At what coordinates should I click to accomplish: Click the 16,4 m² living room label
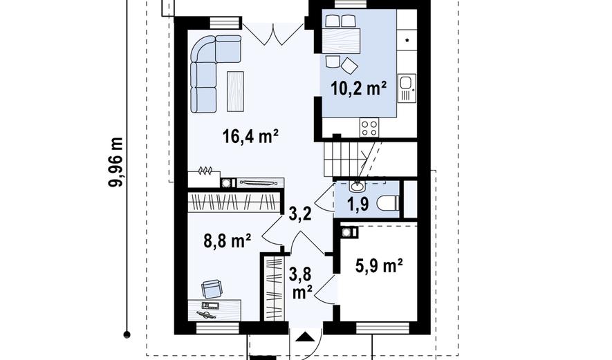pyautogui.click(x=250, y=137)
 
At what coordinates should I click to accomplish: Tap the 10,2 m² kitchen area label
pyautogui.click(x=359, y=88)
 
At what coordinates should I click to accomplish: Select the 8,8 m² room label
pyautogui.click(x=227, y=240)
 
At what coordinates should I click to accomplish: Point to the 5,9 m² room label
pyautogui.click(x=379, y=267)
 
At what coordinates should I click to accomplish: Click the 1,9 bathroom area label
pyautogui.click(x=358, y=204)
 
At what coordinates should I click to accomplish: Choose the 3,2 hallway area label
pyautogui.click(x=300, y=214)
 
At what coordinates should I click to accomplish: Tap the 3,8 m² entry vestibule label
pyautogui.click(x=300, y=282)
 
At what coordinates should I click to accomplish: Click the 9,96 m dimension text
pyautogui.click(x=116, y=162)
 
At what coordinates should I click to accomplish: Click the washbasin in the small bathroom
pyautogui.click(x=356, y=186)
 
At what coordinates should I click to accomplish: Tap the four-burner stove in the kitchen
pyautogui.click(x=369, y=128)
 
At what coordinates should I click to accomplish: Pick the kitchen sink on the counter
pyautogui.click(x=407, y=88)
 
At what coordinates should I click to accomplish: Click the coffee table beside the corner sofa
pyautogui.click(x=235, y=91)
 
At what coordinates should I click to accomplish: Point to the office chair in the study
pyautogui.click(x=212, y=289)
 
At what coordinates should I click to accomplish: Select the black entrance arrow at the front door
pyautogui.click(x=304, y=337)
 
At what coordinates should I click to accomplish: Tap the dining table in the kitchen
pyautogui.click(x=341, y=41)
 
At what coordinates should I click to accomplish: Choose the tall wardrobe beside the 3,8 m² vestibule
pyautogui.click(x=273, y=289)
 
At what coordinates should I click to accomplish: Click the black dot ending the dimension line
pyautogui.click(x=127, y=334)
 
